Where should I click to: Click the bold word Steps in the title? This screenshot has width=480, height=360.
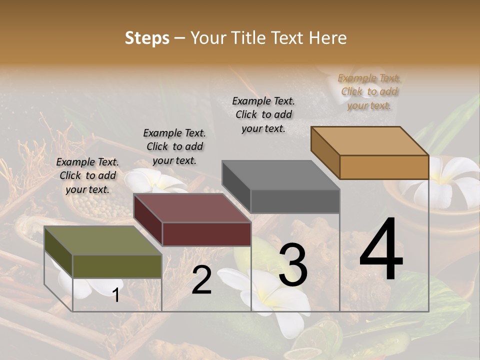(x=147, y=38)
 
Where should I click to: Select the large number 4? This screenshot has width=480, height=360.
(x=381, y=250)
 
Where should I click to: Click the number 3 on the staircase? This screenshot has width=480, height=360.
(x=293, y=265)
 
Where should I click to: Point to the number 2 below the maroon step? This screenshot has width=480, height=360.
(x=201, y=280)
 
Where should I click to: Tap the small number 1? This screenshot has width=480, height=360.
(x=116, y=295)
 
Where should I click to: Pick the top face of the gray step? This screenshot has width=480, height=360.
(x=280, y=175)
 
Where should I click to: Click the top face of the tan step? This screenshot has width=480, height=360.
(x=369, y=141)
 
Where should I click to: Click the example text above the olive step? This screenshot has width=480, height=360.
(x=87, y=175)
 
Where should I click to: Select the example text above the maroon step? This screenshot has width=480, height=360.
(x=174, y=146)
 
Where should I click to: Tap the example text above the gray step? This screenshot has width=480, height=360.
(x=263, y=114)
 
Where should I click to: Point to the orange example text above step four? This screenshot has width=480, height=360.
(x=369, y=91)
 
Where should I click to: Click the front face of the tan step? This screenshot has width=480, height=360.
(x=384, y=167)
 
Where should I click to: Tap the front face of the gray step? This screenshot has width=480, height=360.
(x=295, y=201)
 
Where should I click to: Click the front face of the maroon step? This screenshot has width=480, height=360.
(x=206, y=234)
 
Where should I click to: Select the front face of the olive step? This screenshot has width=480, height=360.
(x=117, y=266)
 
